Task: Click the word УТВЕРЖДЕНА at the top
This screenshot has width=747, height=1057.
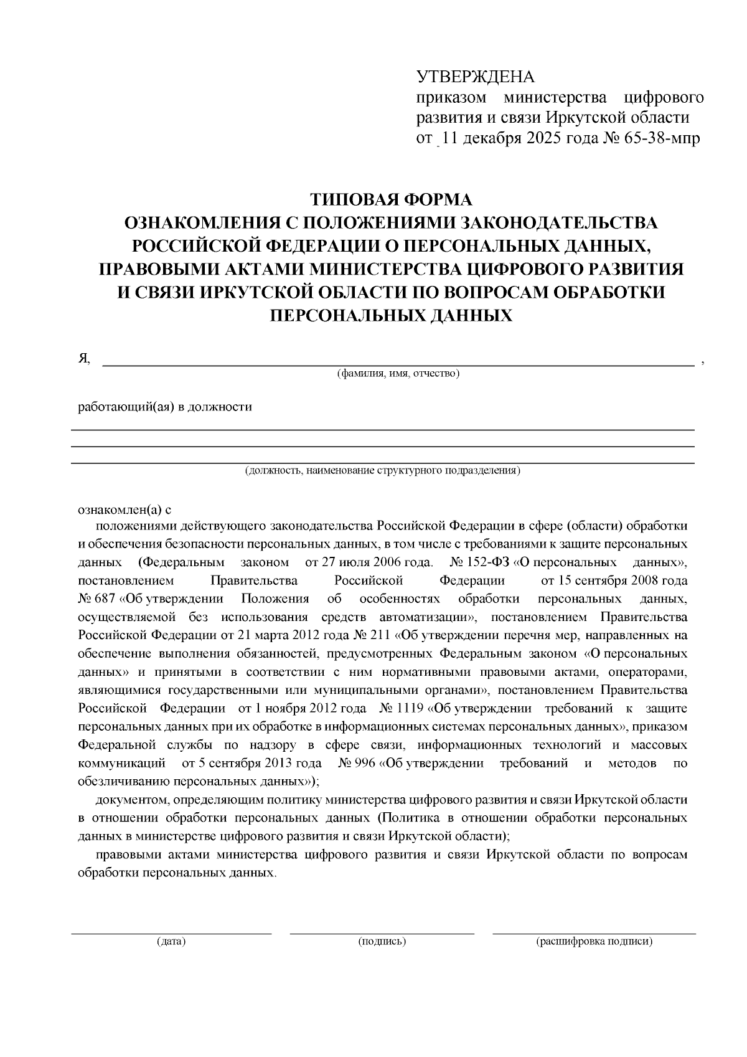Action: pyautogui.click(x=475, y=77)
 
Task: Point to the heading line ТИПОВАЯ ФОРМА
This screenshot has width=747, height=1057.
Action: pyautogui.click(x=392, y=200)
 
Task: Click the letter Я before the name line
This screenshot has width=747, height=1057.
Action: pyautogui.click(x=83, y=358)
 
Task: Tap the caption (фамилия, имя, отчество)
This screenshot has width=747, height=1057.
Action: pyautogui.click(x=398, y=374)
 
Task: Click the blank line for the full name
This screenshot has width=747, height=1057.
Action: pyautogui.click(x=398, y=364)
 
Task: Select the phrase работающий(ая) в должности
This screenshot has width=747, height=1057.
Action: pyautogui.click(x=165, y=407)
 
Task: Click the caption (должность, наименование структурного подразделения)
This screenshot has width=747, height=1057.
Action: pyautogui.click(x=382, y=470)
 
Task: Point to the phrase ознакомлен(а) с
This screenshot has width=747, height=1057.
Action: pyautogui.click(x=124, y=510)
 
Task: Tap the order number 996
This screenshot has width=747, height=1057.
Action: pyautogui.click(x=363, y=764)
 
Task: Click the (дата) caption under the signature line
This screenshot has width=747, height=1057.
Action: pyautogui.click(x=171, y=942)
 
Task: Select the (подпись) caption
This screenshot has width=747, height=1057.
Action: pyautogui.click(x=382, y=942)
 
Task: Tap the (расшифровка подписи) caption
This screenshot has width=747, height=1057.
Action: pyautogui.click(x=594, y=942)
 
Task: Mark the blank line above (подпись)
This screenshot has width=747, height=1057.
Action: pyautogui.click(x=382, y=934)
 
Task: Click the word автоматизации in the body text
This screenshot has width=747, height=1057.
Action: pyautogui.click(x=425, y=618)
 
